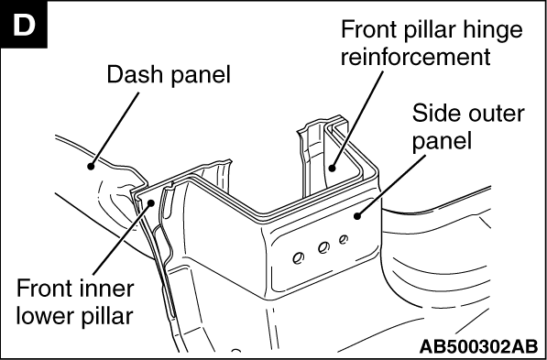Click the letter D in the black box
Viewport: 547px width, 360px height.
24,25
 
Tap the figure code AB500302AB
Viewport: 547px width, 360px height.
478,346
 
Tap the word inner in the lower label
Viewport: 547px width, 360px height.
111,289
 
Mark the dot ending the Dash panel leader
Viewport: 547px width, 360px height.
91,167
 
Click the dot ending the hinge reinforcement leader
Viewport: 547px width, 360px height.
332,169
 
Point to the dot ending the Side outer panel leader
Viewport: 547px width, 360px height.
356,216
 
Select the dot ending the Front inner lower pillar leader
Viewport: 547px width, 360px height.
151,202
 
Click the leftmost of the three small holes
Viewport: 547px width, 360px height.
299,258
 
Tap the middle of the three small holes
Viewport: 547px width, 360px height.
323,248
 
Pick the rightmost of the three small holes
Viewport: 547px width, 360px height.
344,239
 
